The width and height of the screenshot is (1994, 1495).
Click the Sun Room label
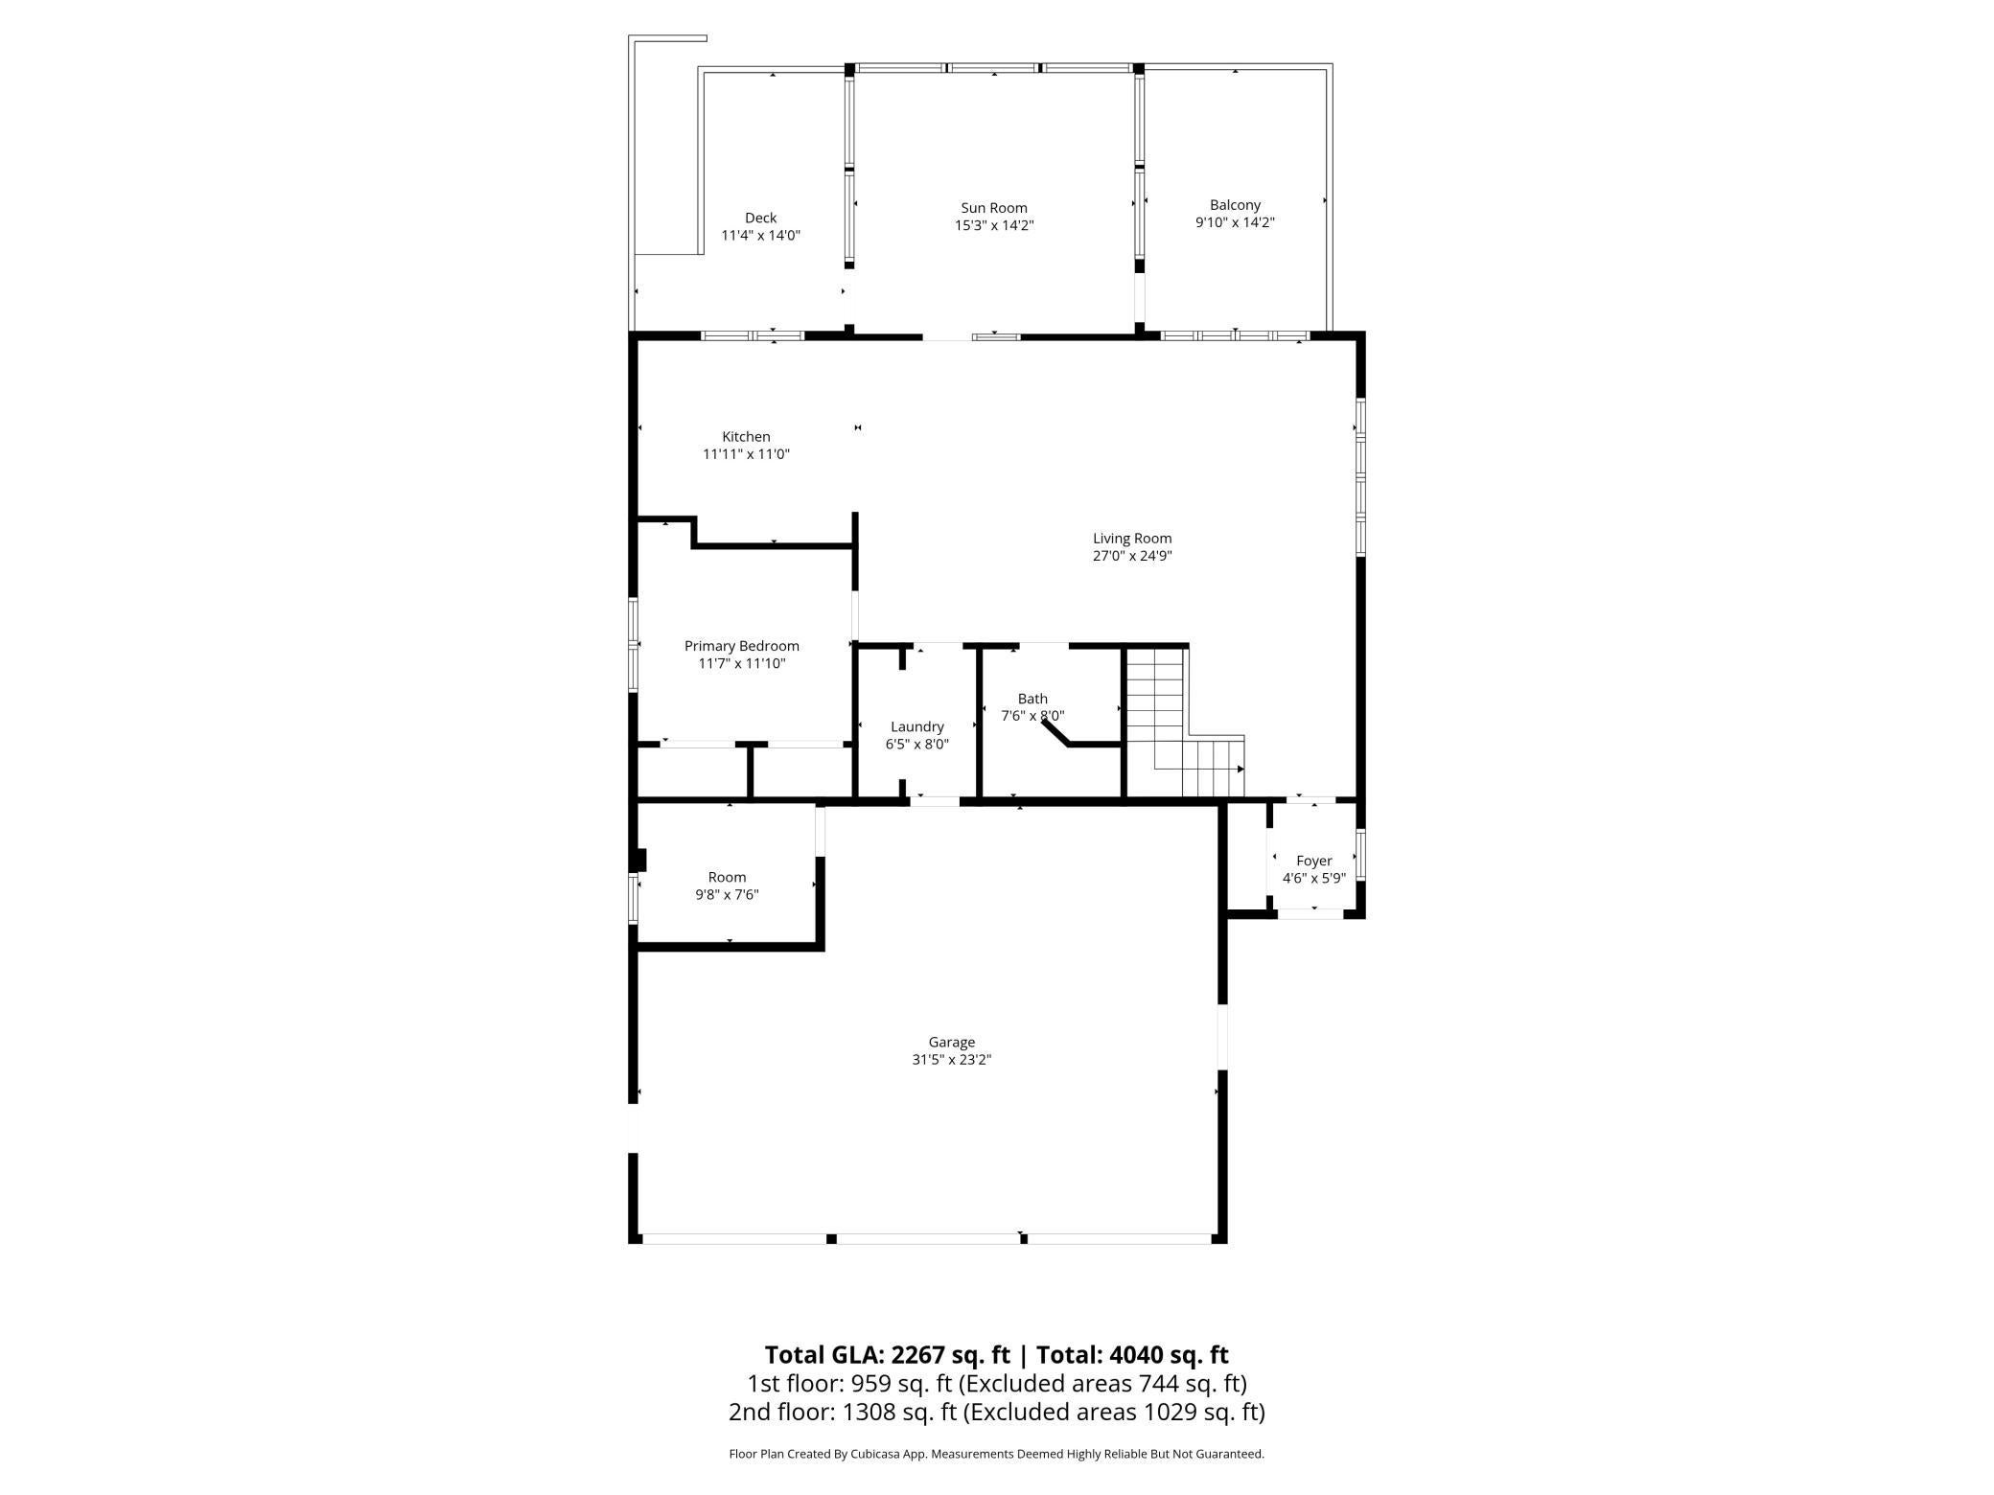tap(994, 208)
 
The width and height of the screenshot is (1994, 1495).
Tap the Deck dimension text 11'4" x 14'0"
tap(760, 235)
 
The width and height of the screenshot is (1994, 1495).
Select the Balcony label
tap(1235, 205)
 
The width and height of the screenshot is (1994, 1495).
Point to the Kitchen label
tap(746, 437)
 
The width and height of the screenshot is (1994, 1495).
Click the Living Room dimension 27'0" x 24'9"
tap(1132, 556)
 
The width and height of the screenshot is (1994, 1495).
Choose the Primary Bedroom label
tap(742, 646)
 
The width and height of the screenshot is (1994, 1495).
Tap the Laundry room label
tap(917, 726)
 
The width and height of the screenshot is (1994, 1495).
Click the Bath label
tap(1032, 699)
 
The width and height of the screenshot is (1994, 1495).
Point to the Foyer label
tap(1313, 861)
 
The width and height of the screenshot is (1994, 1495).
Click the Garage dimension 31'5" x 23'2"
tap(951, 1060)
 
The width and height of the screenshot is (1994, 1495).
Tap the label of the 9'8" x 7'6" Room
tap(727, 877)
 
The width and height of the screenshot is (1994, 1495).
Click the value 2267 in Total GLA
tap(920, 1354)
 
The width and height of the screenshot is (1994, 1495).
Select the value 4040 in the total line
tap(1138, 1354)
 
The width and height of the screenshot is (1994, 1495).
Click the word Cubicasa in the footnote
tap(880, 1454)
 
